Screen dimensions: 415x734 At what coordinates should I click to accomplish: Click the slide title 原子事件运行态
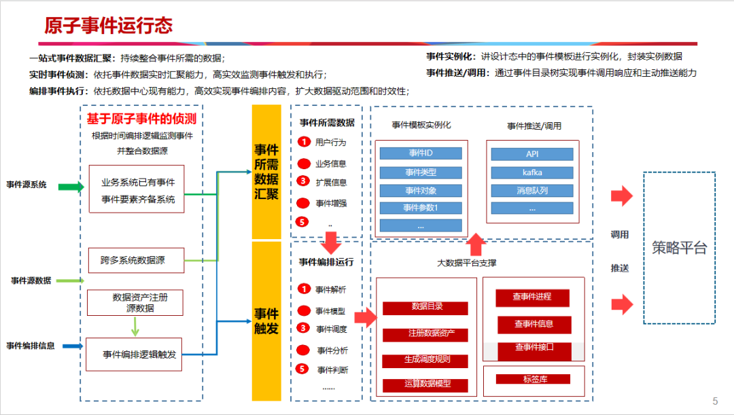[x=109, y=26]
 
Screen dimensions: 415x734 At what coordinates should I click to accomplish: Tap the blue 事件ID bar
[x=421, y=154]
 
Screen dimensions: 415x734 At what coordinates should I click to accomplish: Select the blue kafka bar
[x=532, y=173]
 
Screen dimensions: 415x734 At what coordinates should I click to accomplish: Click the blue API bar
[x=532, y=154]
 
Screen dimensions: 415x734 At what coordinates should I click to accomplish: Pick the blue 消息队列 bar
[x=532, y=191]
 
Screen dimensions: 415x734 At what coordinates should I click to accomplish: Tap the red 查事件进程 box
[x=532, y=297]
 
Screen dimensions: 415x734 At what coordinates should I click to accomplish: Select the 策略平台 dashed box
[x=679, y=248]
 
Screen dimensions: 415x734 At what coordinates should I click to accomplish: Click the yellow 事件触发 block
[x=266, y=321]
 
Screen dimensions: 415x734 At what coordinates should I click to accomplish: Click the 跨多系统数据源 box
[x=136, y=260]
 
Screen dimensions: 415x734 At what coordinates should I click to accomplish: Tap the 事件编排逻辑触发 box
[x=135, y=355]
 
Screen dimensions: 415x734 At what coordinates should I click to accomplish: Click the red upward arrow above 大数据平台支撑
[x=477, y=243]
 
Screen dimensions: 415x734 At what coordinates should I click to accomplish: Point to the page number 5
[x=714, y=401]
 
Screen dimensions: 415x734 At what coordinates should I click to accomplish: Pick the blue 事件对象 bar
[x=421, y=190]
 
